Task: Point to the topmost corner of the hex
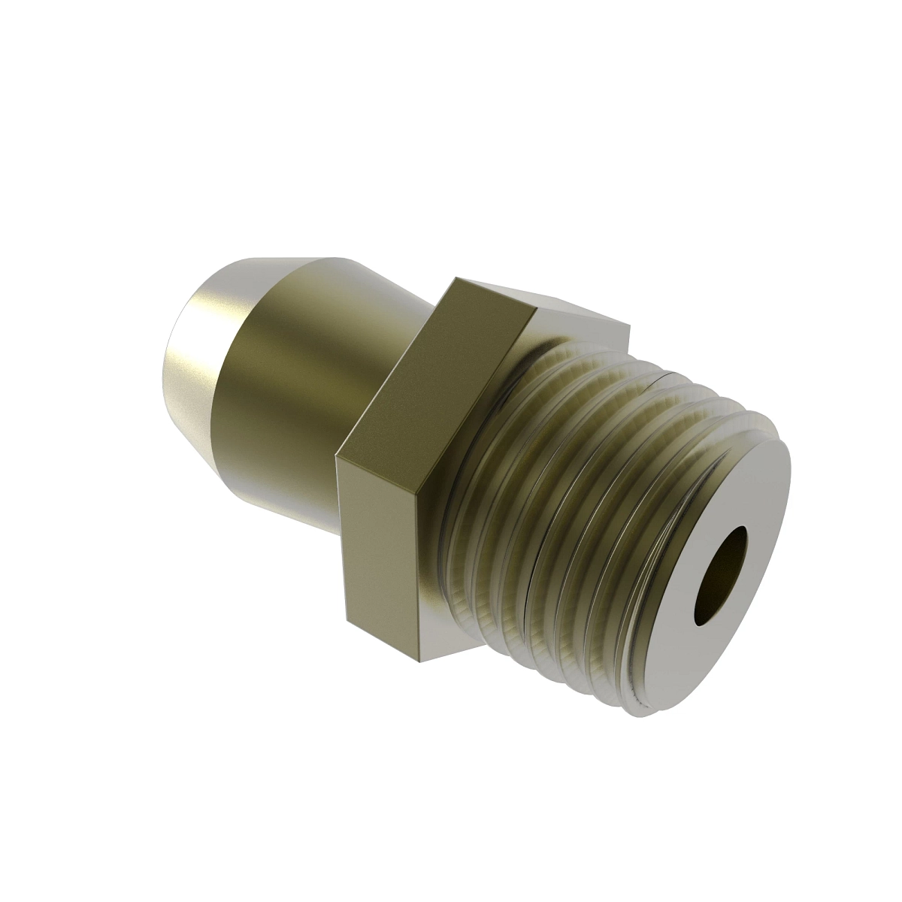[x=453, y=279]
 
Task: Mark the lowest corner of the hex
[x=416, y=664]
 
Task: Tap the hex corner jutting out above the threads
[x=628, y=325]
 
